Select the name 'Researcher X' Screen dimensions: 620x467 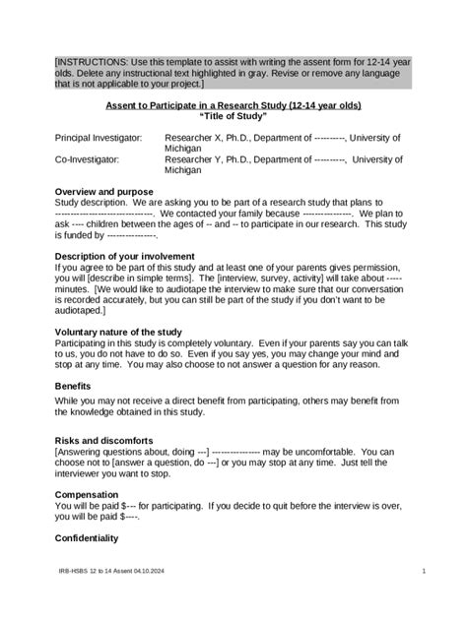click(x=192, y=138)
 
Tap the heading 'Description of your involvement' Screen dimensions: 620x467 click(x=124, y=256)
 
